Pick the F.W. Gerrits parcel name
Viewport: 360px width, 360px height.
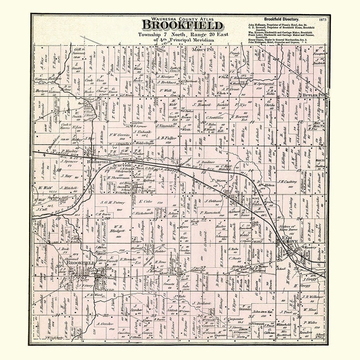tap(119, 135)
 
